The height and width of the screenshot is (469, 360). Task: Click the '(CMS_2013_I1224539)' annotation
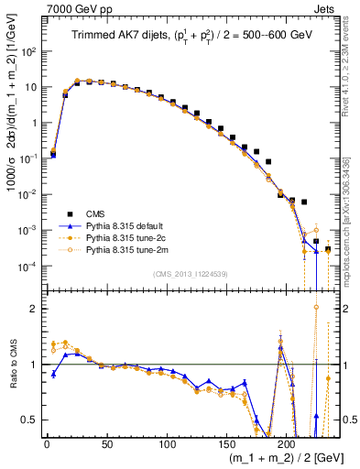pyautogui.click(x=190, y=272)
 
